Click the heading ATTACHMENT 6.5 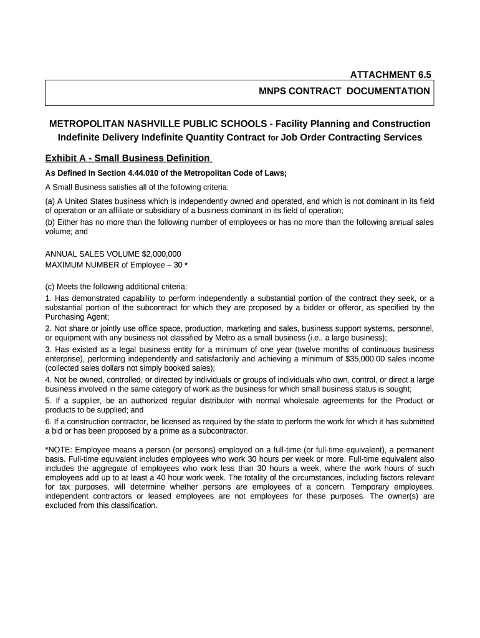click(x=390, y=75)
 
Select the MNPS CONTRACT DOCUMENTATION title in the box click(x=344, y=92)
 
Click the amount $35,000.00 click(x=370, y=359)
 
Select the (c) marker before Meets click(x=50, y=287)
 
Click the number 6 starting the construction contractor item click(x=48, y=422)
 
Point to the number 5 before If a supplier click(x=48, y=401)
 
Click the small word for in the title click(x=273, y=138)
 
